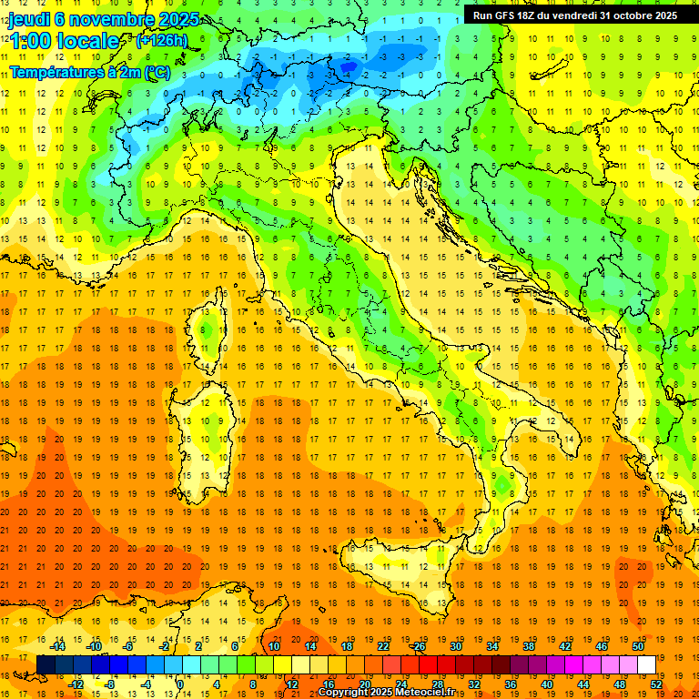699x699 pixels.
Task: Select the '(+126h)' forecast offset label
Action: coord(162,41)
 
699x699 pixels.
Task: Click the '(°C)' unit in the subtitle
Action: coord(157,72)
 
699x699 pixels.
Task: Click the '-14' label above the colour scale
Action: coord(58,646)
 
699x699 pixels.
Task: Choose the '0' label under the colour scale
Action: coord(179,684)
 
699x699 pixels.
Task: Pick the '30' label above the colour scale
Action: coord(455,646)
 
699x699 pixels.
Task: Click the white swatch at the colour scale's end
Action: coord(646,665)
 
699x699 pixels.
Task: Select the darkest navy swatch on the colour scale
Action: coord(46,665)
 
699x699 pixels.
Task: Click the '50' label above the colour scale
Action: coord(637,646)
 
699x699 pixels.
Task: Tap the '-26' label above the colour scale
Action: coord(418,646)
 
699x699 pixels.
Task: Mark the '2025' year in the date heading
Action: coord(178,19)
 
